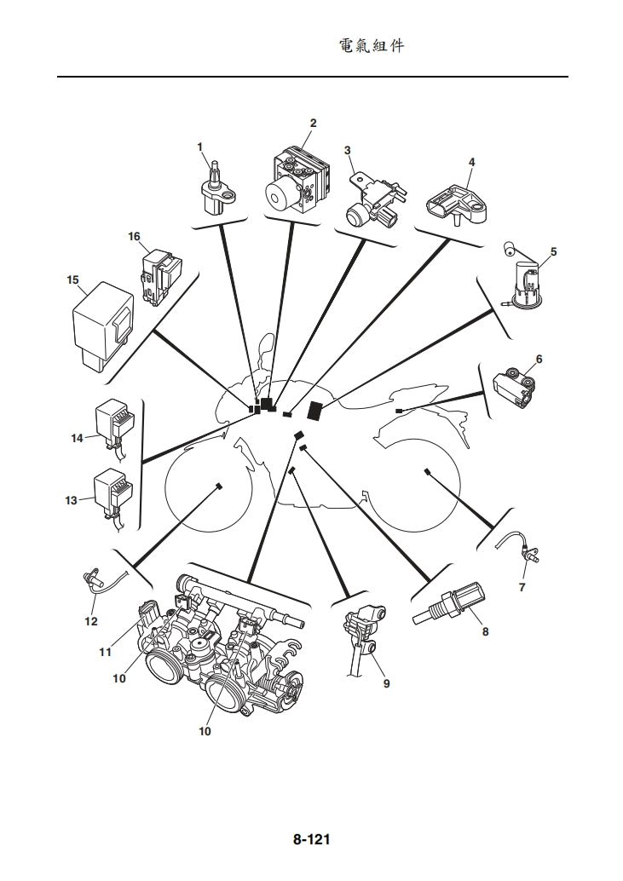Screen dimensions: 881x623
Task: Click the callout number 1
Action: pos(200,147)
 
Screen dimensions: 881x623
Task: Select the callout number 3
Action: pos(347,151)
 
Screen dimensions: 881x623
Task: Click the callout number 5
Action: pos(553,252)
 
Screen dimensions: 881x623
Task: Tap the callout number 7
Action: pos(522,587)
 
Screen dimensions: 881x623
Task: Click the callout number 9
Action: pos(386,682)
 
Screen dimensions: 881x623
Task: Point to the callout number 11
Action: pos(105,652)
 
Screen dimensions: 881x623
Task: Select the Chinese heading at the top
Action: pos(372,46)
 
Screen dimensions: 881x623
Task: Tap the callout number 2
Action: pos(313,123)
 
